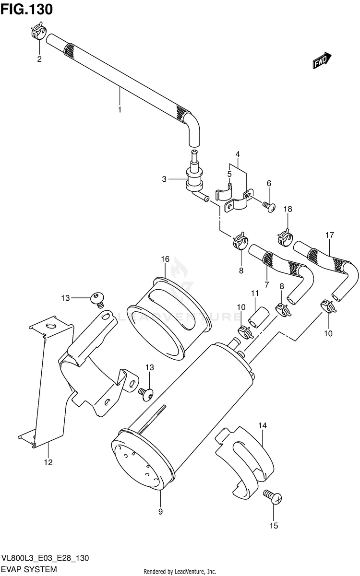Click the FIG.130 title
[26, 9]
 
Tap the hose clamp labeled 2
[38, 32]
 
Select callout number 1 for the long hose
[120, 109]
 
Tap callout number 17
[329, 235]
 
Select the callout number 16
[166, 259]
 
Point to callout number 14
[263, 425]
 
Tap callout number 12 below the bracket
[48, 463]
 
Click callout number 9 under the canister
[160, 517]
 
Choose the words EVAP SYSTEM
[29, 569]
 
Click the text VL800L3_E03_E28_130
[45, 558]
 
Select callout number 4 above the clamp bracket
[238, 154]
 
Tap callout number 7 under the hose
[266, 284]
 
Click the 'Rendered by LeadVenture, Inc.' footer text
[180, 572]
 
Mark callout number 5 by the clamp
[229, 174]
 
